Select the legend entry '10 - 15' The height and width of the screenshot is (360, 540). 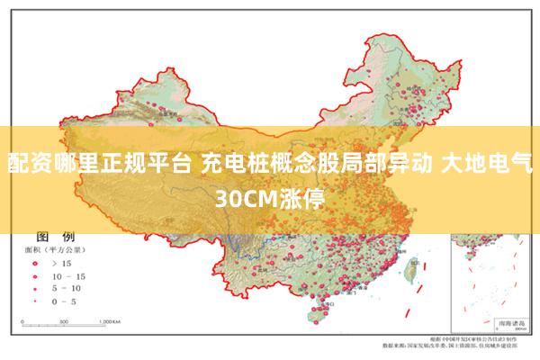(68, 275)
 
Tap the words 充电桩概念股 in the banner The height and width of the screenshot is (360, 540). (255, 164)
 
